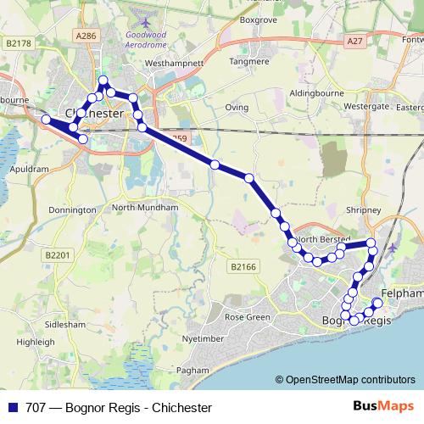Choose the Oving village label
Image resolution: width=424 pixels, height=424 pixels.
pos(237,108)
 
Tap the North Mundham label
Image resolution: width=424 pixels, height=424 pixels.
pos(145,207)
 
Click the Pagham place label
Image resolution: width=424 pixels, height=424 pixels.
pos(192,371)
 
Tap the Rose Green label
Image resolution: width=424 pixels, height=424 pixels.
pos(246,317)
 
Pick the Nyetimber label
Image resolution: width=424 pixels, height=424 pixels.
pos(203,338)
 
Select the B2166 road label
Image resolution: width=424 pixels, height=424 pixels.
pos(243,266)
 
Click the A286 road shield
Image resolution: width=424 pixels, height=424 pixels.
pos(86,36)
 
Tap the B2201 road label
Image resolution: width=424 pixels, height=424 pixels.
pos(57,254)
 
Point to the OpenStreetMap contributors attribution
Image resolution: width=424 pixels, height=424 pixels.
pos(344,380)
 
